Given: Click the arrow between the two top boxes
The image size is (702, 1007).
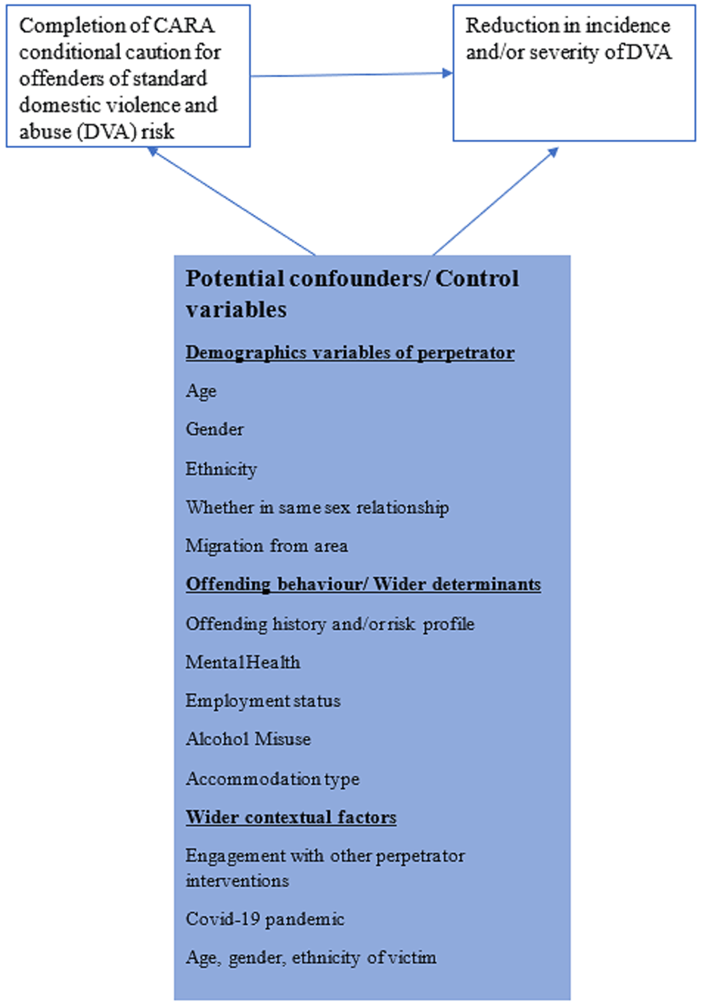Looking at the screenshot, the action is coord(352,74).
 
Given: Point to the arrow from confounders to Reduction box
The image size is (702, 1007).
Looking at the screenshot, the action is coord(496,201).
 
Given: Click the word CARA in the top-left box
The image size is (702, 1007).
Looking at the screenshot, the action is coord(183,25).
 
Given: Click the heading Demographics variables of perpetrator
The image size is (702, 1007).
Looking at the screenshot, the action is coord(350,353).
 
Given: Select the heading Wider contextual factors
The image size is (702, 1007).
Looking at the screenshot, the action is coord(291,817).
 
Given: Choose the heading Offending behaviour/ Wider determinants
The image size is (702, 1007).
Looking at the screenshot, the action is coord(363,584).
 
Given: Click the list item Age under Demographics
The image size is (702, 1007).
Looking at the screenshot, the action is coord(201,392).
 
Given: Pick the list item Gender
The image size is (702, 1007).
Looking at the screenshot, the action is coord(215,429).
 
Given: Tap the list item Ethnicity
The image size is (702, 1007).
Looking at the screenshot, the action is coord(221,469).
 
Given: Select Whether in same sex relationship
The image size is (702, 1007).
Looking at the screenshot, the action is coord(317,508).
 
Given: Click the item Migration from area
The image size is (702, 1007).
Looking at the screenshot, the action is coord(267,546).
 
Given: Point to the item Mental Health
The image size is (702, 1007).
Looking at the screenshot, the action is coord(243,662).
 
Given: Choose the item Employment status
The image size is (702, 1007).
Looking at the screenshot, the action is coord(263,702).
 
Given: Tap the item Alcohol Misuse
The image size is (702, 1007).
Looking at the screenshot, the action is coord(248,739).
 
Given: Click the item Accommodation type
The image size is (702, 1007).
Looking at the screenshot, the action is coord(272,779).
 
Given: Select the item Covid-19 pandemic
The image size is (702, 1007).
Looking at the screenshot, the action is coord(265,919).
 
